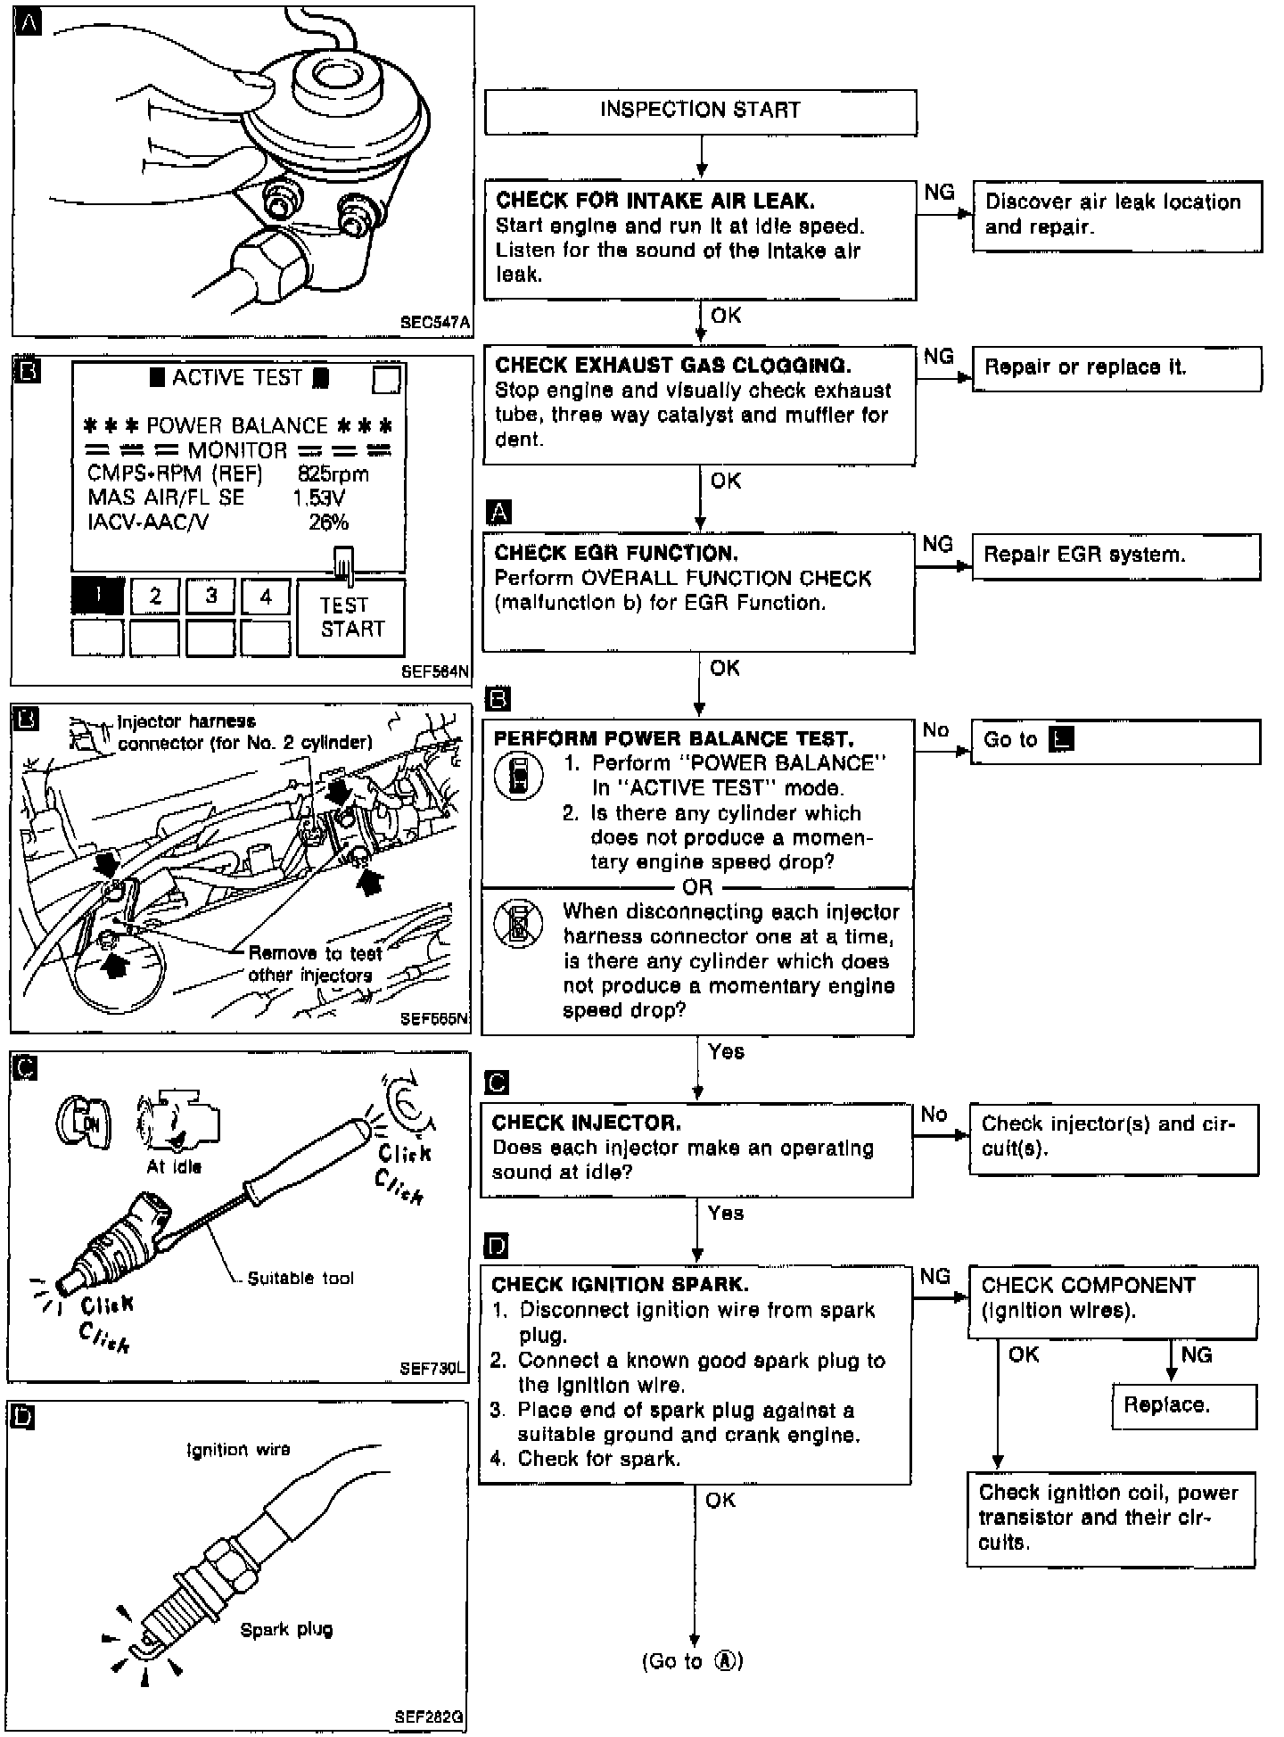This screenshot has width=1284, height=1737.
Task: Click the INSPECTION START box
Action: [x=700, y=111]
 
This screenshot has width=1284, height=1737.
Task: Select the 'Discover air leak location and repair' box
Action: [x=1116, y=215]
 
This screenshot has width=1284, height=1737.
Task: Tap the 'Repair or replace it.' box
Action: [x=1116, y=367]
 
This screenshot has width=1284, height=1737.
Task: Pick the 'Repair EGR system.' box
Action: [x=1115, y=556]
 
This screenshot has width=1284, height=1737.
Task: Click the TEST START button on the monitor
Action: [x=351, y=617]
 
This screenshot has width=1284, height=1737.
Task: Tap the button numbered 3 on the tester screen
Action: [x=210, y=596]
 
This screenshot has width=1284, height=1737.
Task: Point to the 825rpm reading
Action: [x=333, y=474]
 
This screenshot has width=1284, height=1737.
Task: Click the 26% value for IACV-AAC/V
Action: [x=328, y=523]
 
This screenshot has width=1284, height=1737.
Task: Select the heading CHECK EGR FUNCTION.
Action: [x=616, y=553]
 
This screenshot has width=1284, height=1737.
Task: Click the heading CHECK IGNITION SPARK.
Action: [x=620, y=1284]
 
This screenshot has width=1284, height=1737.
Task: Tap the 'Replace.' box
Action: [x=1183, y=1406]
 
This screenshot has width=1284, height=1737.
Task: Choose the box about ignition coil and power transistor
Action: [x=1110, y=1518]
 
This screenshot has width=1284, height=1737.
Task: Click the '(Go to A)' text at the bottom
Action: [x=692, y=1661]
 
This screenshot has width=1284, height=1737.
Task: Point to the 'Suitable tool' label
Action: [x=300, y=1278]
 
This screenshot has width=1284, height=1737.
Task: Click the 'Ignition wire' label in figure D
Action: [x=238, y=1450]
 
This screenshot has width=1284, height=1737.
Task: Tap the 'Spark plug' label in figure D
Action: [x=286, y=1630]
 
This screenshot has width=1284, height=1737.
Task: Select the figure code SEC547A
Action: [x=435, y=323]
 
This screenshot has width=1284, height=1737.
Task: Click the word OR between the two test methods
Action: [x=697, y=887]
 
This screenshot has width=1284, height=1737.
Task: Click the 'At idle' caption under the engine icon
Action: [x=174, y=1167]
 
